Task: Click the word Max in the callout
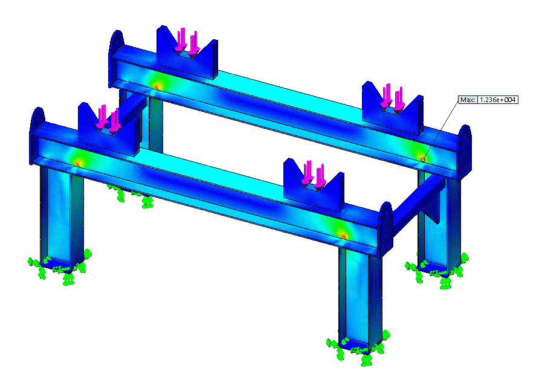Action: tap(467, 100)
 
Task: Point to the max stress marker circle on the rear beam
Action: tap(423, 159)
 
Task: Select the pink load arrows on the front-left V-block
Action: tap(109, 117)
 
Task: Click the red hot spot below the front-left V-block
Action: tap(78, 161)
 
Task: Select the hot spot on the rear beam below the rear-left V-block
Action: tap(158, 85)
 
